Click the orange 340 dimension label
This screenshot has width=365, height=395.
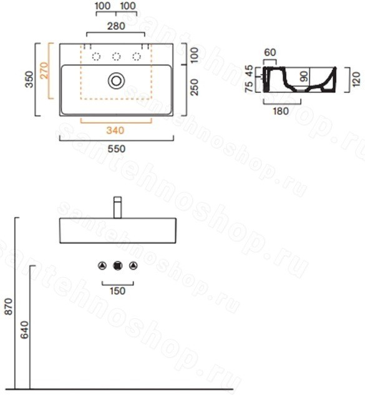click(x=115, y=130)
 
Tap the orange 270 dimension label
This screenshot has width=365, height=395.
click(x=44, y=71)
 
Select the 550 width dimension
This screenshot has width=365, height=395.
click(x=117, y=149)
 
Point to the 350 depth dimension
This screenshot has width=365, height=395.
click(x=29, y=79)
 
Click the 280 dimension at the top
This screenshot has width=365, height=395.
click(x=116, y=26)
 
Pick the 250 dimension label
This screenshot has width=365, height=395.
click(x=195, y=87)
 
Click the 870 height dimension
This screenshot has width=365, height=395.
click(x=9, y=306)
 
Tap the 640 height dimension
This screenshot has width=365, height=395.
click(x=24, y=330)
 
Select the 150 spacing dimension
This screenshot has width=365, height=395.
click(x=117, y=291)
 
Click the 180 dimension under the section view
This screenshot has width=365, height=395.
click(x=281, y=111)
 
